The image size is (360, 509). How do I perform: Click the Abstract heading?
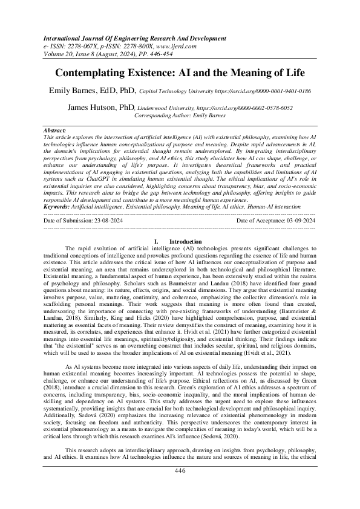56,130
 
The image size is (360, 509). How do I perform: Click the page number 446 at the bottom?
180,487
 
